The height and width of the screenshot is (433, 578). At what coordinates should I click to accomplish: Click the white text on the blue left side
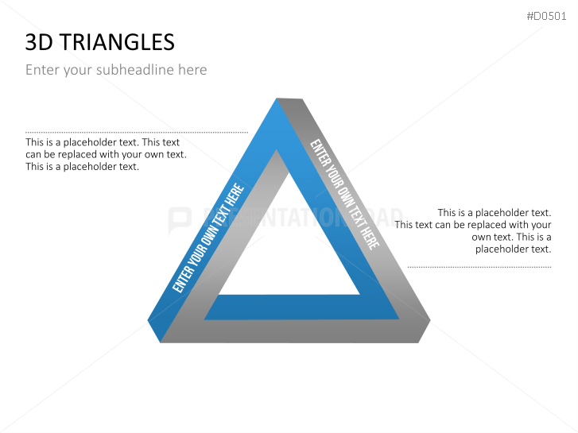[208, 239]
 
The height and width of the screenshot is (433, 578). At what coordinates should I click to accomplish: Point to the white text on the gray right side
[343, 195]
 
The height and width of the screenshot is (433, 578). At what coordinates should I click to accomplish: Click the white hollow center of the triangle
[289, 246]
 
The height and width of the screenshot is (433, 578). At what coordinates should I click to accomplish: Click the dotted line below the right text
[479, 267]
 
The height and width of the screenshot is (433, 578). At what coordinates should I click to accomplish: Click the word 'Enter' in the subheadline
[42, 70]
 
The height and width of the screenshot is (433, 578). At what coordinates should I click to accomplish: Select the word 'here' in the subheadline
[192, 70]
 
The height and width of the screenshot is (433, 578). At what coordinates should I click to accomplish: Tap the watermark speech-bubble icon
[180, 220]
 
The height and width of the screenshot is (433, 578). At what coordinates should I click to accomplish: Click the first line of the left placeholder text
[103, 143]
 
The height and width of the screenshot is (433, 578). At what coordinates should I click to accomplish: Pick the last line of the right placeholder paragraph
[513, 249]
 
